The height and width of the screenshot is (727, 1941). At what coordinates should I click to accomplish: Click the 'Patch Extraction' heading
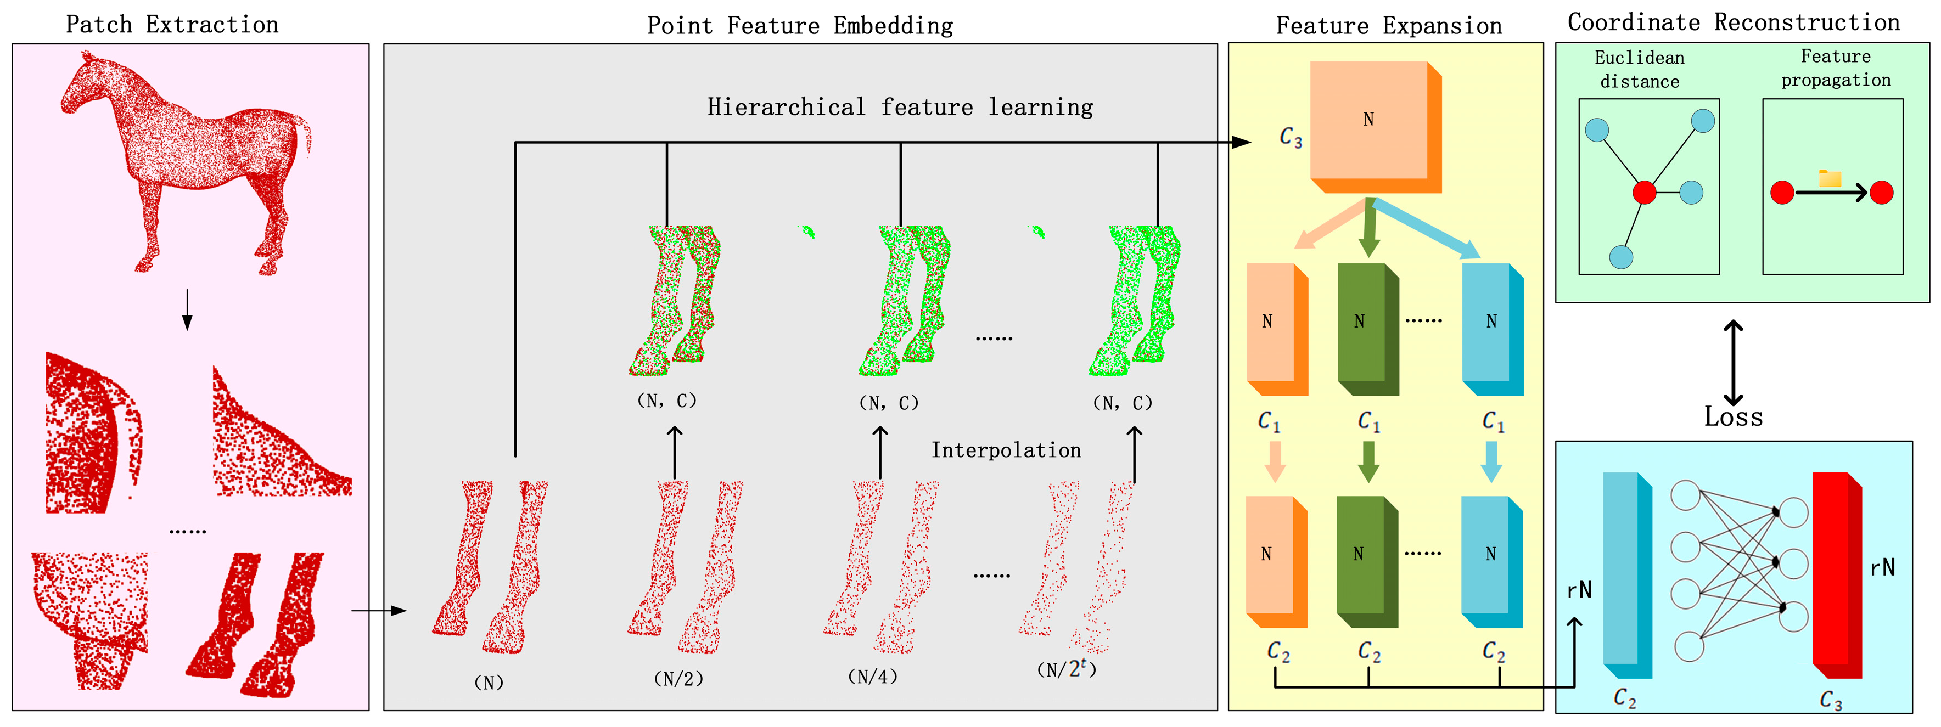[172, 24]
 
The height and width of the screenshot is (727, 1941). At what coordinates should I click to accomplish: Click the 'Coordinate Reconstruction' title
[1733, 22]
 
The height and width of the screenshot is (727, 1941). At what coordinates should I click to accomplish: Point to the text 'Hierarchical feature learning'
[900, 107]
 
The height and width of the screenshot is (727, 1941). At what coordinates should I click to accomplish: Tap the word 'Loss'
[1733, 416]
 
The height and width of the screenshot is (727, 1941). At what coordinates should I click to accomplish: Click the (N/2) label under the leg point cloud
[678, 679]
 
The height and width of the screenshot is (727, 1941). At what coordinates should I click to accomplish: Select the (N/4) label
[873, 677]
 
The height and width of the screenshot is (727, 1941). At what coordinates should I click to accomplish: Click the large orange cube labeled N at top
[1370, 121]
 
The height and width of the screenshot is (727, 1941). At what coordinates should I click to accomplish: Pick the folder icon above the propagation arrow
[1830, 178]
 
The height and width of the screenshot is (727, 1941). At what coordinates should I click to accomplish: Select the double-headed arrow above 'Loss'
[1733, 363]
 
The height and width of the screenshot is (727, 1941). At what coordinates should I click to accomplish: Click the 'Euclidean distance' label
[1640, 69]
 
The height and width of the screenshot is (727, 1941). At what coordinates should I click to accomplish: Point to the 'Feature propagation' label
[1836, 68]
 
